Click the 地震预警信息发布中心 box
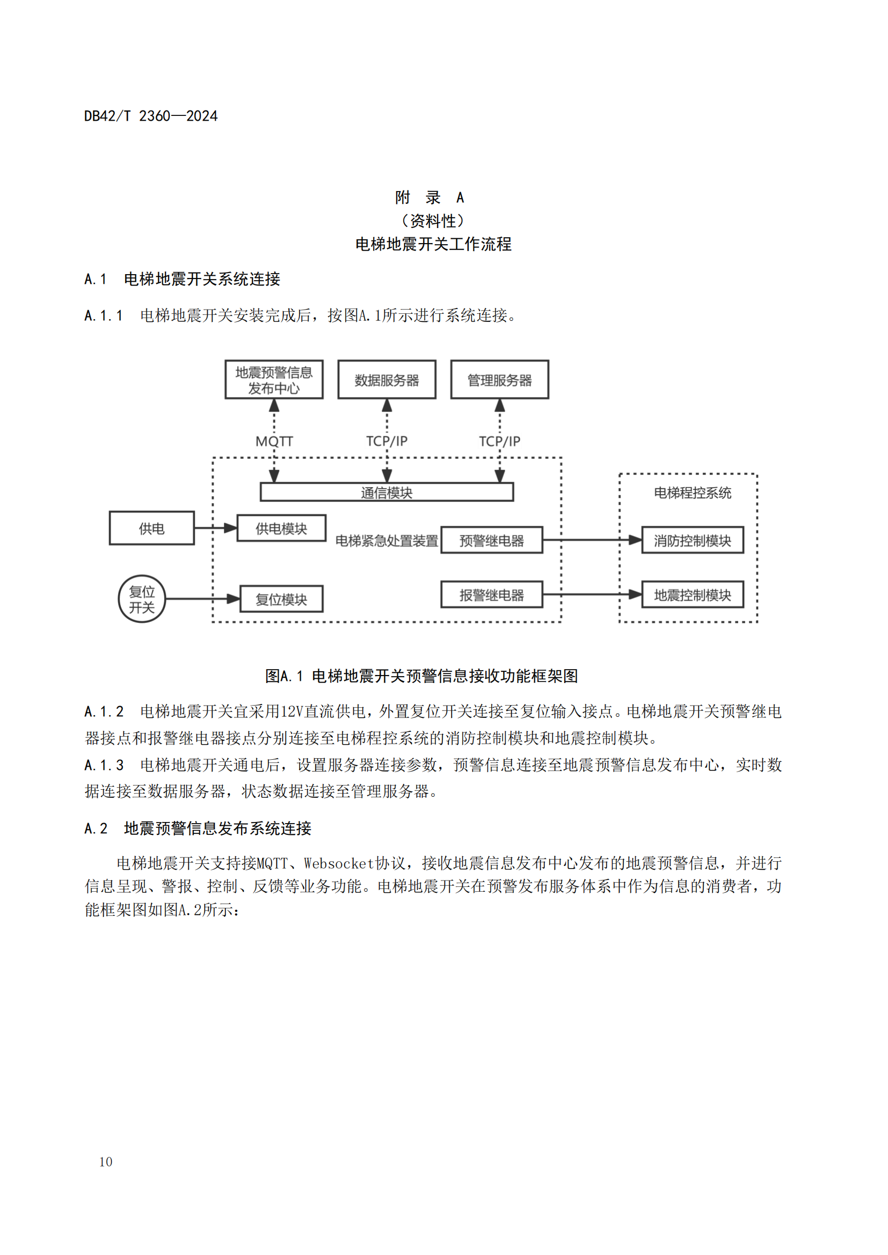(x=274, y=380)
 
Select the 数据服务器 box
(x=387, y=380)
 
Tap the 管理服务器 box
(x=499, y=380)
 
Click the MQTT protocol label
(x=274, y=441)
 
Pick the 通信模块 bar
(x=387, y=492)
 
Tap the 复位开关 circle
(x=142, y=599)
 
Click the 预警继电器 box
(x=492, y=540)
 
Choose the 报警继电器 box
(x=492, y=595)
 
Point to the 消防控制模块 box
(x=692, y=540)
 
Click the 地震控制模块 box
(x=692, y=595)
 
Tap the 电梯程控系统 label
(x=692, y=493)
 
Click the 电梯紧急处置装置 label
(x=386, y=541)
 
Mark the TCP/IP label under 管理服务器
(x=499, y=441)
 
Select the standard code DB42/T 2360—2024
(x=151, y=116)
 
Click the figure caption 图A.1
(x=284, y=676)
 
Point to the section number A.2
(x=96, y=828)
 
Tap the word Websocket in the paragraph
(x=338, y=864)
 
